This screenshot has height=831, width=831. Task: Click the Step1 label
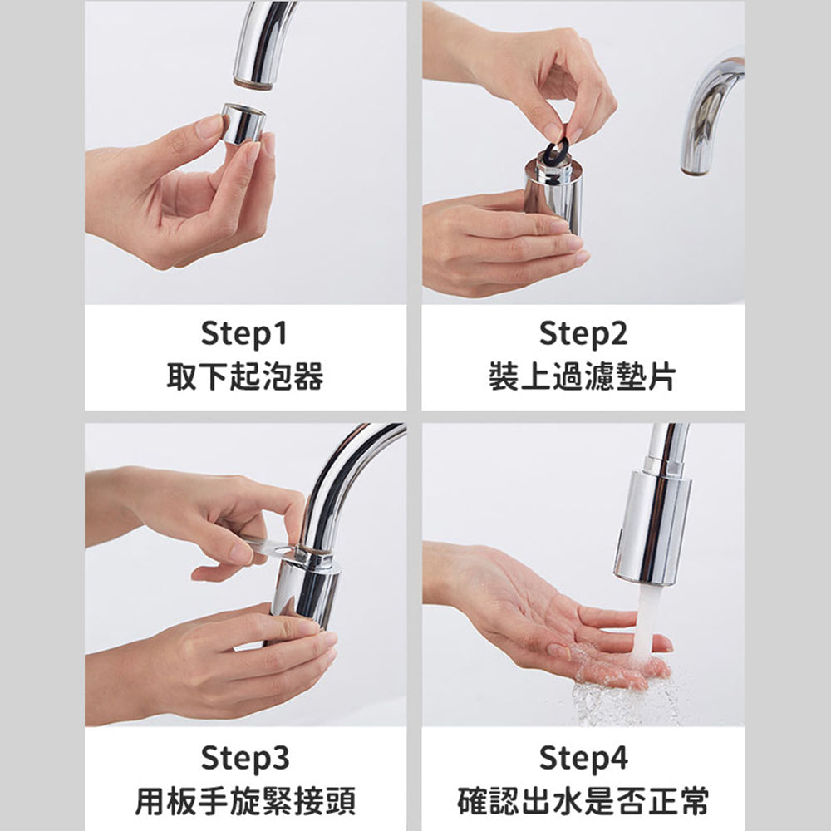click(244, 334)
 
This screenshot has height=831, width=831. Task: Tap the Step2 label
click(583, 334)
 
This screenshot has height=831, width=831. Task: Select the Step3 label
click(245, 758)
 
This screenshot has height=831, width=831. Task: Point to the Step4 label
click(583, 758)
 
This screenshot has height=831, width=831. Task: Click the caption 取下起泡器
click(245, 376)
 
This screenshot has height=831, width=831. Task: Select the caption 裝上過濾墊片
click(583, 376)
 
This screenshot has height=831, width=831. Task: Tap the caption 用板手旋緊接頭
click(245, 801)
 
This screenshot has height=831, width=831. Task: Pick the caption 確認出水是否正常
click(583, 801)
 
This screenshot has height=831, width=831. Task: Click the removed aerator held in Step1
click(243, 124)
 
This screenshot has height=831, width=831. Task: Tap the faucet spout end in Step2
click(694, 170)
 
